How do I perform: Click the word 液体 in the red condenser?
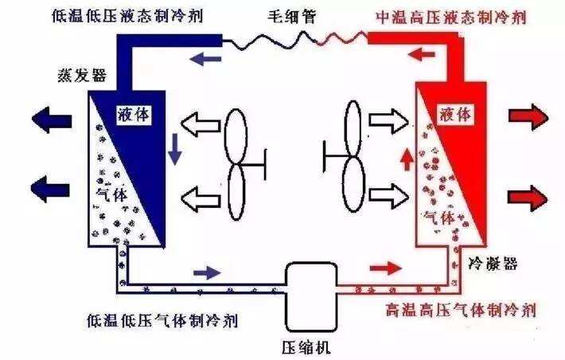[455, 115]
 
